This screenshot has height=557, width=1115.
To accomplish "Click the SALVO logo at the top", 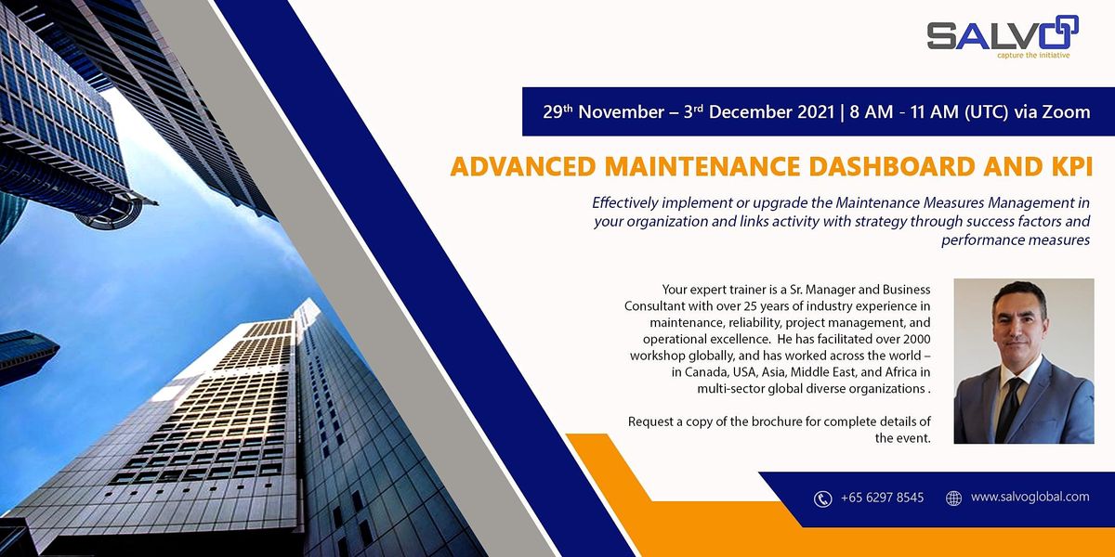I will tap(1002, 35).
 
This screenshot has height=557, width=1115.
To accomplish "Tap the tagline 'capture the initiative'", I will tap(1032, 55).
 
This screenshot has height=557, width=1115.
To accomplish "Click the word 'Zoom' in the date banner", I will tap(1066, 112).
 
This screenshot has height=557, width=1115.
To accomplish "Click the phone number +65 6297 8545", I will tap(882, 498).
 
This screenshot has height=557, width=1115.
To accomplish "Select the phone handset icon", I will tap(822, 499).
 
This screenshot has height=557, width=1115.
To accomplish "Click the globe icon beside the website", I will tap(953, 499).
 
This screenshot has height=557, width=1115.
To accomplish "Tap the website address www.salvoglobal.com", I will tap(1030, 498).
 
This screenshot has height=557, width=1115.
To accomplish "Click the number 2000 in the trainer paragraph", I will tap(913, 339).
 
